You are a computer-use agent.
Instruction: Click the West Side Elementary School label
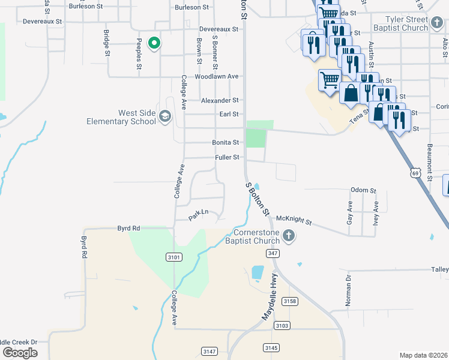coord(128,117)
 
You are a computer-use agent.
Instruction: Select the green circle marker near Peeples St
coord(154,43)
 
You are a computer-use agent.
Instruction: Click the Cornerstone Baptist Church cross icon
coord(289,235)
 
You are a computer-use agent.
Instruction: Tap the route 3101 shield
coord(174,257)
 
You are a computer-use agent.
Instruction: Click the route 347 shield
coord(273,254)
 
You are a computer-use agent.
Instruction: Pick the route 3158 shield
coord(290,301)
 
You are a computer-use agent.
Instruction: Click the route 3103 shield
coord(282,325)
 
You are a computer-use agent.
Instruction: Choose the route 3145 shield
coord(271,347)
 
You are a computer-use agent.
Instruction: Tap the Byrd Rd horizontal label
coord(128,229)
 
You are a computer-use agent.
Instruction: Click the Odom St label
coord(363,191)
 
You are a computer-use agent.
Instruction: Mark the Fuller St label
coord(228,158)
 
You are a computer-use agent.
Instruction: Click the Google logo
coord(20,353)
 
